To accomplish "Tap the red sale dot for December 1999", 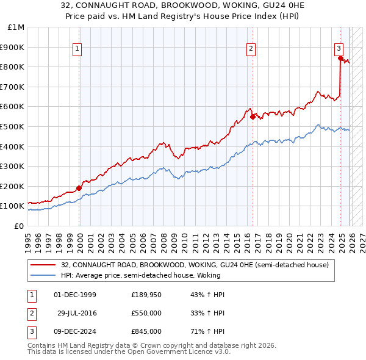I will [x=79, y=188].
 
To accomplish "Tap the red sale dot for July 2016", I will [x=253, y=116].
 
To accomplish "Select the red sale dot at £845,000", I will [x=340, y=58].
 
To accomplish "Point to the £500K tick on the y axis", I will [x=13, y=126].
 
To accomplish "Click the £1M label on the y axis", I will [x=16, y=27].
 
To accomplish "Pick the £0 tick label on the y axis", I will [x=18, y=226].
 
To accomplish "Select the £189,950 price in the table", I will [x=146, y=295].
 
